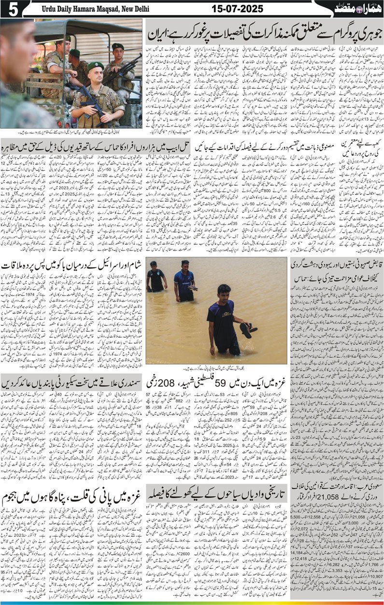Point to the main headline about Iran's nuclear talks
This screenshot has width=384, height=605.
pos(264,33)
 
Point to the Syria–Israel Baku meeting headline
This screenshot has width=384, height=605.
pos(72,266)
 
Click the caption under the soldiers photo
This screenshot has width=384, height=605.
pos(72,132)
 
